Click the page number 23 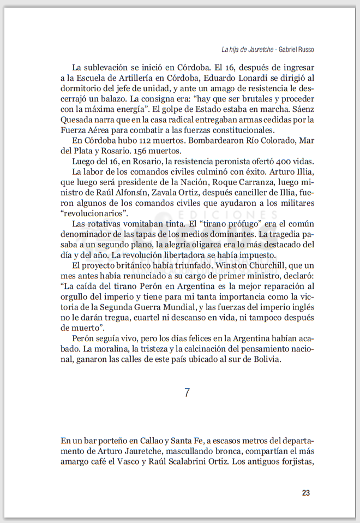tap(305, 492)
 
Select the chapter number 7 tap(187, 392)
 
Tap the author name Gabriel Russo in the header tap(296, 49)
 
